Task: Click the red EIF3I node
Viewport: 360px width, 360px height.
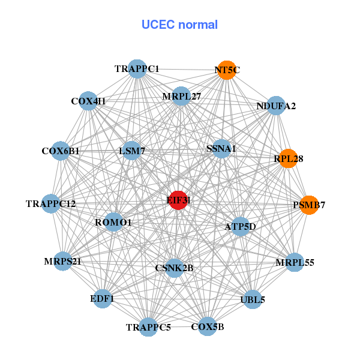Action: [x=178, y=200]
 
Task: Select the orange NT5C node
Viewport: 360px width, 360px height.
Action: [x=226, y=70]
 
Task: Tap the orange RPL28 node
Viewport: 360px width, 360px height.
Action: [x=289, y=158]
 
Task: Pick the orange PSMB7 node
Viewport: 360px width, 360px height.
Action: [x=308, y=205]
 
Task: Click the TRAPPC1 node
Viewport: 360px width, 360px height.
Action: [x=137, y=68]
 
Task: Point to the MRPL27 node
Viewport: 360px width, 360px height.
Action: [x=181, y=96]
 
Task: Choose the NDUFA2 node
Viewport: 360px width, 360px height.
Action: [x=275, y=106]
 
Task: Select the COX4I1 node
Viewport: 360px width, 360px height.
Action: [x=88, y=101]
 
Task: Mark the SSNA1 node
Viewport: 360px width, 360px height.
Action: [x=221, y=148]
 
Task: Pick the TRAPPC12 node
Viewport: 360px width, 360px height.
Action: [x=51, y=204]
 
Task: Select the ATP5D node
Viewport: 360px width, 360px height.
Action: [x=240, y=226]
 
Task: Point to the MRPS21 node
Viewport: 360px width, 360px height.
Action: [x=62, y=262]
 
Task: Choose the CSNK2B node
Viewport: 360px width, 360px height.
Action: [x=174, y=268]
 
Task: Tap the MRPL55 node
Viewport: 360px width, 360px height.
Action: [x=295, y=262]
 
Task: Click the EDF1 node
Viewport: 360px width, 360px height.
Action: [x=102, y=298]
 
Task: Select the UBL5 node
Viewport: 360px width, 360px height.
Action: [x=253, y=299]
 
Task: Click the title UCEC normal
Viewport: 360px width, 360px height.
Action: [x=179, y=25]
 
